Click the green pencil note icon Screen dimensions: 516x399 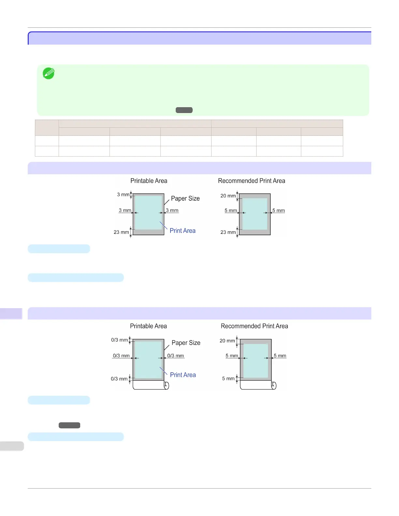tap(49, 73)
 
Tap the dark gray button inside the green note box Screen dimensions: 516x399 tap(184, 110)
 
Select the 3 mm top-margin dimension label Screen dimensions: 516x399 tap(123, 194)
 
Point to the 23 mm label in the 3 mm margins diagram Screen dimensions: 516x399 tap(121, 232)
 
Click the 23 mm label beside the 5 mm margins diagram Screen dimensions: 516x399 tap(228, 232)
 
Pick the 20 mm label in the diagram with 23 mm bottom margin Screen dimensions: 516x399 tap(228, 196)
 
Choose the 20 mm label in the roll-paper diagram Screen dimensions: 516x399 tap(227, 341)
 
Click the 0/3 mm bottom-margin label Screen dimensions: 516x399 tap(119, 379)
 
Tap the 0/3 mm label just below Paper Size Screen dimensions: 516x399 tap(175, 356)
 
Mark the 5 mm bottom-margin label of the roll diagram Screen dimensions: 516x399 tap(228, 379)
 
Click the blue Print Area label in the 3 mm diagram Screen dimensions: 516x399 tap(183, 231)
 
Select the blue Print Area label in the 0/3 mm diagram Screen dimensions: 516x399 tap(183, 375)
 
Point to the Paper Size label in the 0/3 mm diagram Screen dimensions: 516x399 tap(186, 343)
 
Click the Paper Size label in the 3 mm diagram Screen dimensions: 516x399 tap(185, 198)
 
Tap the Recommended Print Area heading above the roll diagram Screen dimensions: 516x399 tap(254, 326)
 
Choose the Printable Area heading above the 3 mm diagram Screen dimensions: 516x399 tap(149, 181)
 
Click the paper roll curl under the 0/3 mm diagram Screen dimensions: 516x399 tap(166, 386)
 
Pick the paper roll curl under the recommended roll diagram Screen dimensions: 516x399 tap(274, 386)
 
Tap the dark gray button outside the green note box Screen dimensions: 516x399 tap(69, 425)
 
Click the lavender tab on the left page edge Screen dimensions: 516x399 tap(11, 314)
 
